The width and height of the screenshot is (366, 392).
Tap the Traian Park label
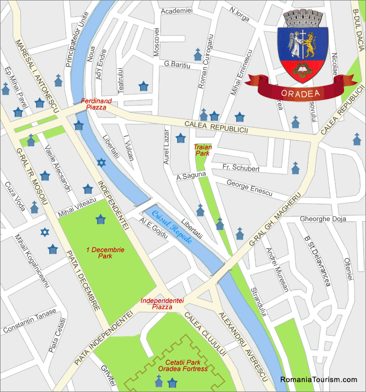point(202,150)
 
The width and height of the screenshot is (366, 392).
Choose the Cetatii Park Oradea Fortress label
point(182,365)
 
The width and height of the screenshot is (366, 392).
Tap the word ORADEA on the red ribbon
point(302,93)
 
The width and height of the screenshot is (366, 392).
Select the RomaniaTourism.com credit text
point(318,379)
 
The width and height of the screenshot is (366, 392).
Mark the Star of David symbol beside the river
point(101,163)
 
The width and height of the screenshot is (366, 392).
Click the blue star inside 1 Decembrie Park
point(100,219)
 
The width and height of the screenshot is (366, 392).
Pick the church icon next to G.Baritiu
point(198,54)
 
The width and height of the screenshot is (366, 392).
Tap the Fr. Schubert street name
point(241,168)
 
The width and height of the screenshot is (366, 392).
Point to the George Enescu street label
point(249,188)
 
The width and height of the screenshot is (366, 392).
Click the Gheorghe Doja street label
point(323,219)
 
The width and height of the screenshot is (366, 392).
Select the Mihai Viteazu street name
point(77,205)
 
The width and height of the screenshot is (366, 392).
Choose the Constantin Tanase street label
point(30,321)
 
